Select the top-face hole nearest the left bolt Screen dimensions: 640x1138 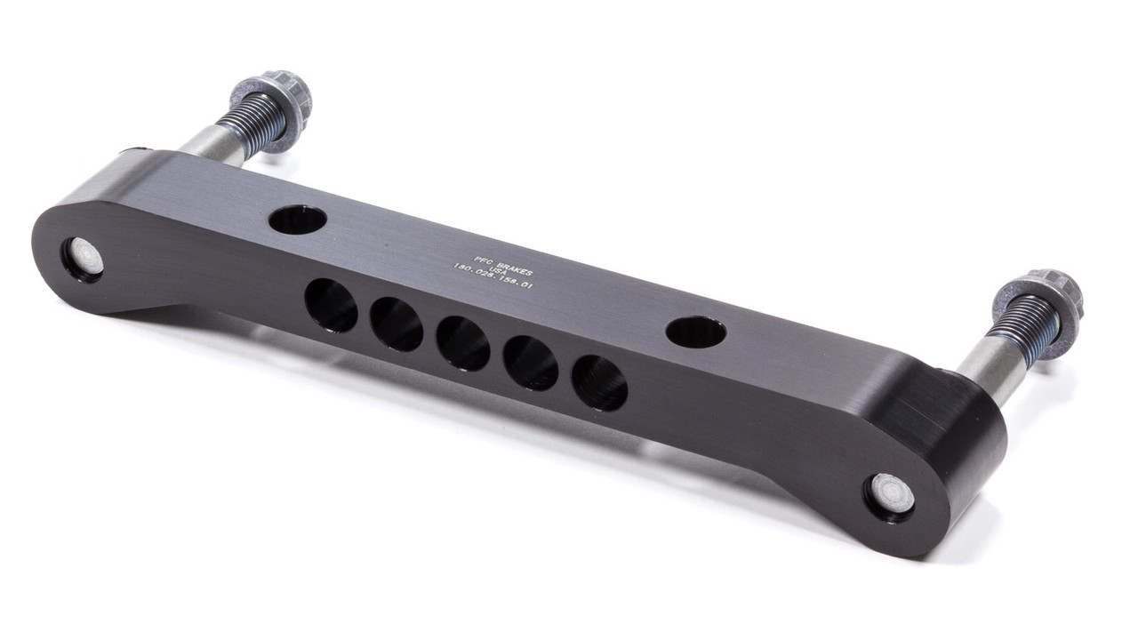298,219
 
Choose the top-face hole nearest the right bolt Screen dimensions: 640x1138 695,332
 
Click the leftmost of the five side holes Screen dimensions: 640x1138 331,305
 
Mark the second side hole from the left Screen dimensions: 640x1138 397,324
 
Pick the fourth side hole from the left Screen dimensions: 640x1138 531,363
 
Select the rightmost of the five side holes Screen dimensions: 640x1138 599,383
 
